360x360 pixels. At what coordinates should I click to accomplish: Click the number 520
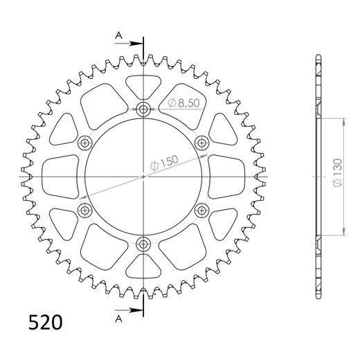44,323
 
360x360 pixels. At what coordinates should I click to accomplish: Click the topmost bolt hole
143,109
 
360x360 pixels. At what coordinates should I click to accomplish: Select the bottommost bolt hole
143,243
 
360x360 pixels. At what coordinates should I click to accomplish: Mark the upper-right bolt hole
201,143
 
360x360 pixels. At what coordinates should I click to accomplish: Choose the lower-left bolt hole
86,210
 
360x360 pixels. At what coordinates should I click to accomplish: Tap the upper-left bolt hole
86,143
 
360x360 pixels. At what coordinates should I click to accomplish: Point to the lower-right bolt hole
201,210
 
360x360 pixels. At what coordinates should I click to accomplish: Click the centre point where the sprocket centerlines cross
143,177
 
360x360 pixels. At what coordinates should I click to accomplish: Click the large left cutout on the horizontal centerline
62,177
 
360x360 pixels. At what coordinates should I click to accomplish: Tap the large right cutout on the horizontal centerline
224,177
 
